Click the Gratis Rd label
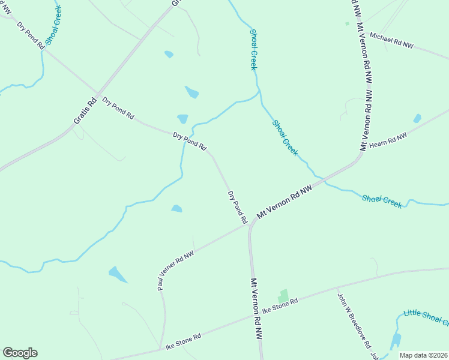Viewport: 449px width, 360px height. [85, 111]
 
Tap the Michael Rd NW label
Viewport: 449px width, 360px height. [391, 40]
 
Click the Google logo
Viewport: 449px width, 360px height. [20, 353]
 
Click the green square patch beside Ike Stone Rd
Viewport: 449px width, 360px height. [283, 296]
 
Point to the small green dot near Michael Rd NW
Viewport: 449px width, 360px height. [347, 23]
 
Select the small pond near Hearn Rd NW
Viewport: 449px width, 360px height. [417, 118]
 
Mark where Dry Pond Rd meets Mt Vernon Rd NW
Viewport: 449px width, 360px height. [250, 226]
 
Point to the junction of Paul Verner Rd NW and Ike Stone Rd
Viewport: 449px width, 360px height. [163, 347]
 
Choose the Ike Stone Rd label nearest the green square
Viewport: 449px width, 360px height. [280, 306]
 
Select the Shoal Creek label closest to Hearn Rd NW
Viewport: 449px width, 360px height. [285, 137]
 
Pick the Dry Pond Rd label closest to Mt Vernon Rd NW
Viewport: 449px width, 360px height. [237, 207]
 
